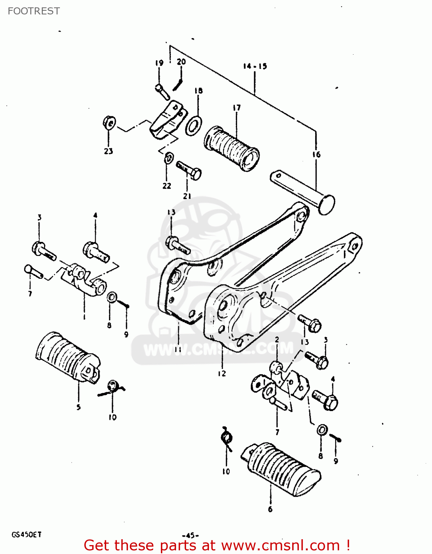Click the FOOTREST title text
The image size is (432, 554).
[x=34, y=11]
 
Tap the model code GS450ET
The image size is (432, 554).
[x=26, y=534]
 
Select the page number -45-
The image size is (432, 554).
[x=190, y=535]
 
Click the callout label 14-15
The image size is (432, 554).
[x=255, y=66]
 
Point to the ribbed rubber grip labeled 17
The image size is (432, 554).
[x=231, y=148]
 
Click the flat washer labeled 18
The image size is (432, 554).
[x=193, y=126]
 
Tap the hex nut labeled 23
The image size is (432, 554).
[x=109, y=123]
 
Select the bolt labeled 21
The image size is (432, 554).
[x=189, y=170]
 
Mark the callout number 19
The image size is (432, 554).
[x=159, y=63]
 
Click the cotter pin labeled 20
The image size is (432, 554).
[x=178, y=85]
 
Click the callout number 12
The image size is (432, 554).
[x=222, y=373]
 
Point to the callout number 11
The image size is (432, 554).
[x=178, y=349]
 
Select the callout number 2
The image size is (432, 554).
[x=277, y=339]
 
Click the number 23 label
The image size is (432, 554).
[x=108, y=151]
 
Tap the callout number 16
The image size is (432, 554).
[x=316, y=154]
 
